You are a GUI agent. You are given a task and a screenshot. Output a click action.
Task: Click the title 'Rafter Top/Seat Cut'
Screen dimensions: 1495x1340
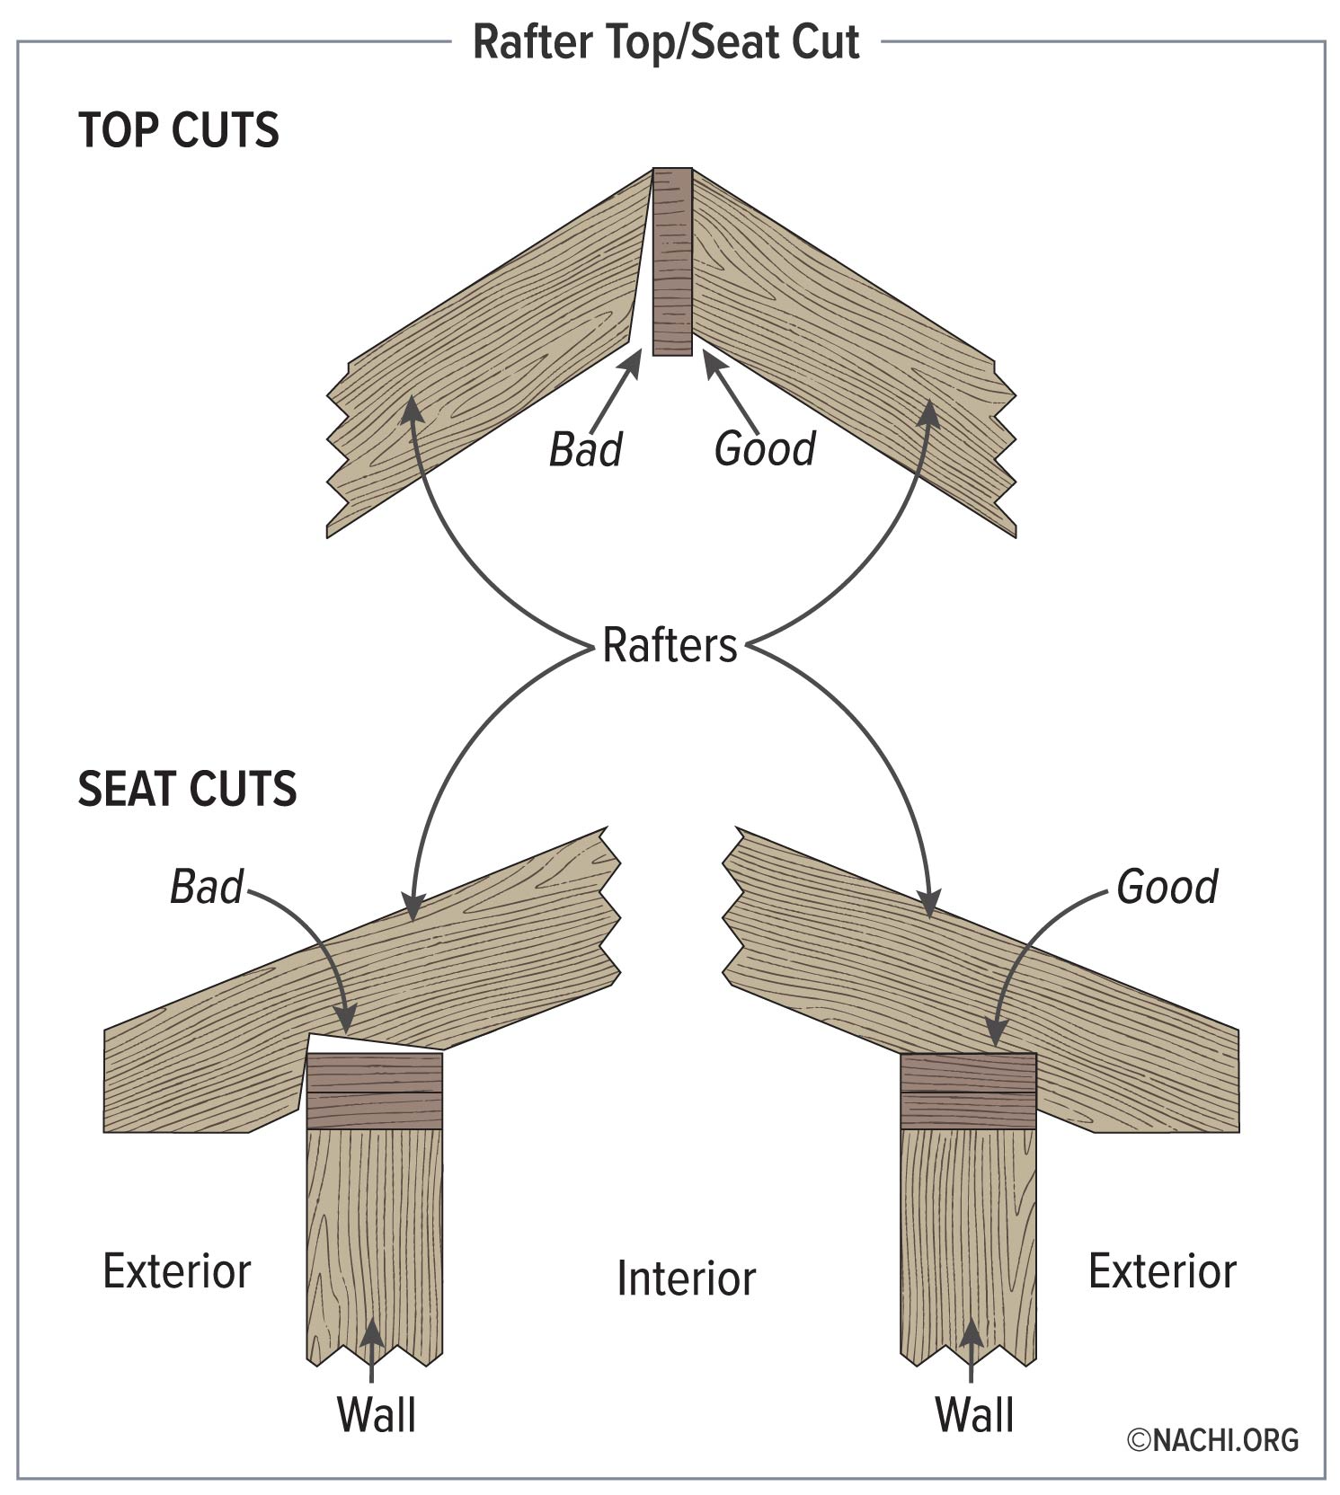pos(666,42)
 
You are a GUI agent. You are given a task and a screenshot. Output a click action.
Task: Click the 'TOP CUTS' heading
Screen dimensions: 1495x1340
pos(179,130)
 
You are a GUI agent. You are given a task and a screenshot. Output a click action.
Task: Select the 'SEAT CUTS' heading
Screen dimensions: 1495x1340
pos(187,789)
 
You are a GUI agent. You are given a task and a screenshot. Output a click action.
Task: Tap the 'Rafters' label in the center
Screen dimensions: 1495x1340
pos(670,645)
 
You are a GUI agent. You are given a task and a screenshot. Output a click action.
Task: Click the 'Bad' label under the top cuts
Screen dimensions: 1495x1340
pos(585,449)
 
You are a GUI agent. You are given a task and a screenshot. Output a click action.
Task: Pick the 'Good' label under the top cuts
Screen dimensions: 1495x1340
pos(765,448)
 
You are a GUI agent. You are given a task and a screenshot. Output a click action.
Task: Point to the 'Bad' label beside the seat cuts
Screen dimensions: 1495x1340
pos(207,887)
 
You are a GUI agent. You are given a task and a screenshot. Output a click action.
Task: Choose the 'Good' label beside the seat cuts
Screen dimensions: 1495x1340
pos(1167,887)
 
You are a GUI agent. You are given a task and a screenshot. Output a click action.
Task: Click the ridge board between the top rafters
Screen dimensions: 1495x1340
pos(672,261)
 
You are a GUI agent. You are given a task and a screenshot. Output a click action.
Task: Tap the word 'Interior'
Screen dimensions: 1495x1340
pos(686,1278)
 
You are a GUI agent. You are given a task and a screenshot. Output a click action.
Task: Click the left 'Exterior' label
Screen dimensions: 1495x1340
pos(177,1271)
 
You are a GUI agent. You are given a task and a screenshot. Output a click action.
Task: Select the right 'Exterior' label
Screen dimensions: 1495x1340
pos(1162,1271)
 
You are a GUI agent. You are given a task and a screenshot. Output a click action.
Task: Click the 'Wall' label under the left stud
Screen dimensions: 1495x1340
pos(376,1414)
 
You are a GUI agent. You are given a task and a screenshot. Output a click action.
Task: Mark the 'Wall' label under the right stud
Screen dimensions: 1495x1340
pos(974,1414)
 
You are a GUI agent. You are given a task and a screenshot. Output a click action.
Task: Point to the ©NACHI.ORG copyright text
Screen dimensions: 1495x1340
pos(1213,1440)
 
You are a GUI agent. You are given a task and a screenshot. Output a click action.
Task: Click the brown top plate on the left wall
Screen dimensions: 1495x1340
pos(375,1092)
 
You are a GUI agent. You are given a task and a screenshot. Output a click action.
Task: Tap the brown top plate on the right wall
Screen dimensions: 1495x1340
pos(968,1092)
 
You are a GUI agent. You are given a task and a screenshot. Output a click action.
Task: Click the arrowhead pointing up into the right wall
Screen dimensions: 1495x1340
pos(971,1334)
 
